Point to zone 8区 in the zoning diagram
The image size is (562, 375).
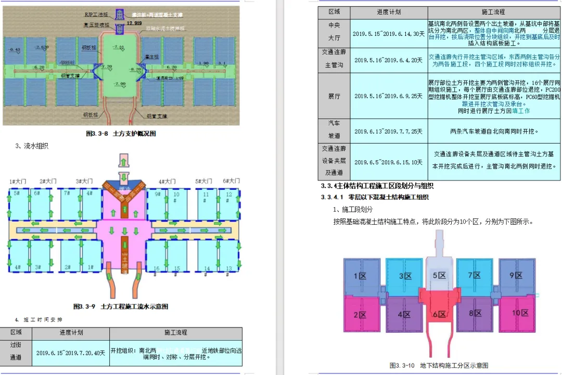pos(476,314)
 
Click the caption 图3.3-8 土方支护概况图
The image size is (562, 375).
pos(121,134)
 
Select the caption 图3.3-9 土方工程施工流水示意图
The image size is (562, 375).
pos(121,306)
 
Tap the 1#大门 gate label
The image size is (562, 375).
pos(18,181)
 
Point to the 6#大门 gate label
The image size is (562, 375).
pos(232,181)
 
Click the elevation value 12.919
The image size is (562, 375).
pos(134,23)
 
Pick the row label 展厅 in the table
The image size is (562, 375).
pos(334,96)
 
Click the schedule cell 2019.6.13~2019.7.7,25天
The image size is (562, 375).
pos(389,132)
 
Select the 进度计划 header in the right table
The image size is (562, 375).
pos(389,12)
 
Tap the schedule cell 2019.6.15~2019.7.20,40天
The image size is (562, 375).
pos(71,353)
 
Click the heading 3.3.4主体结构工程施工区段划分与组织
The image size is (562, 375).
pos(377,186)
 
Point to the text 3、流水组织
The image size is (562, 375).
pos(32,146)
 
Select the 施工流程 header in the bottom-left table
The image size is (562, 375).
pos(175,332)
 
